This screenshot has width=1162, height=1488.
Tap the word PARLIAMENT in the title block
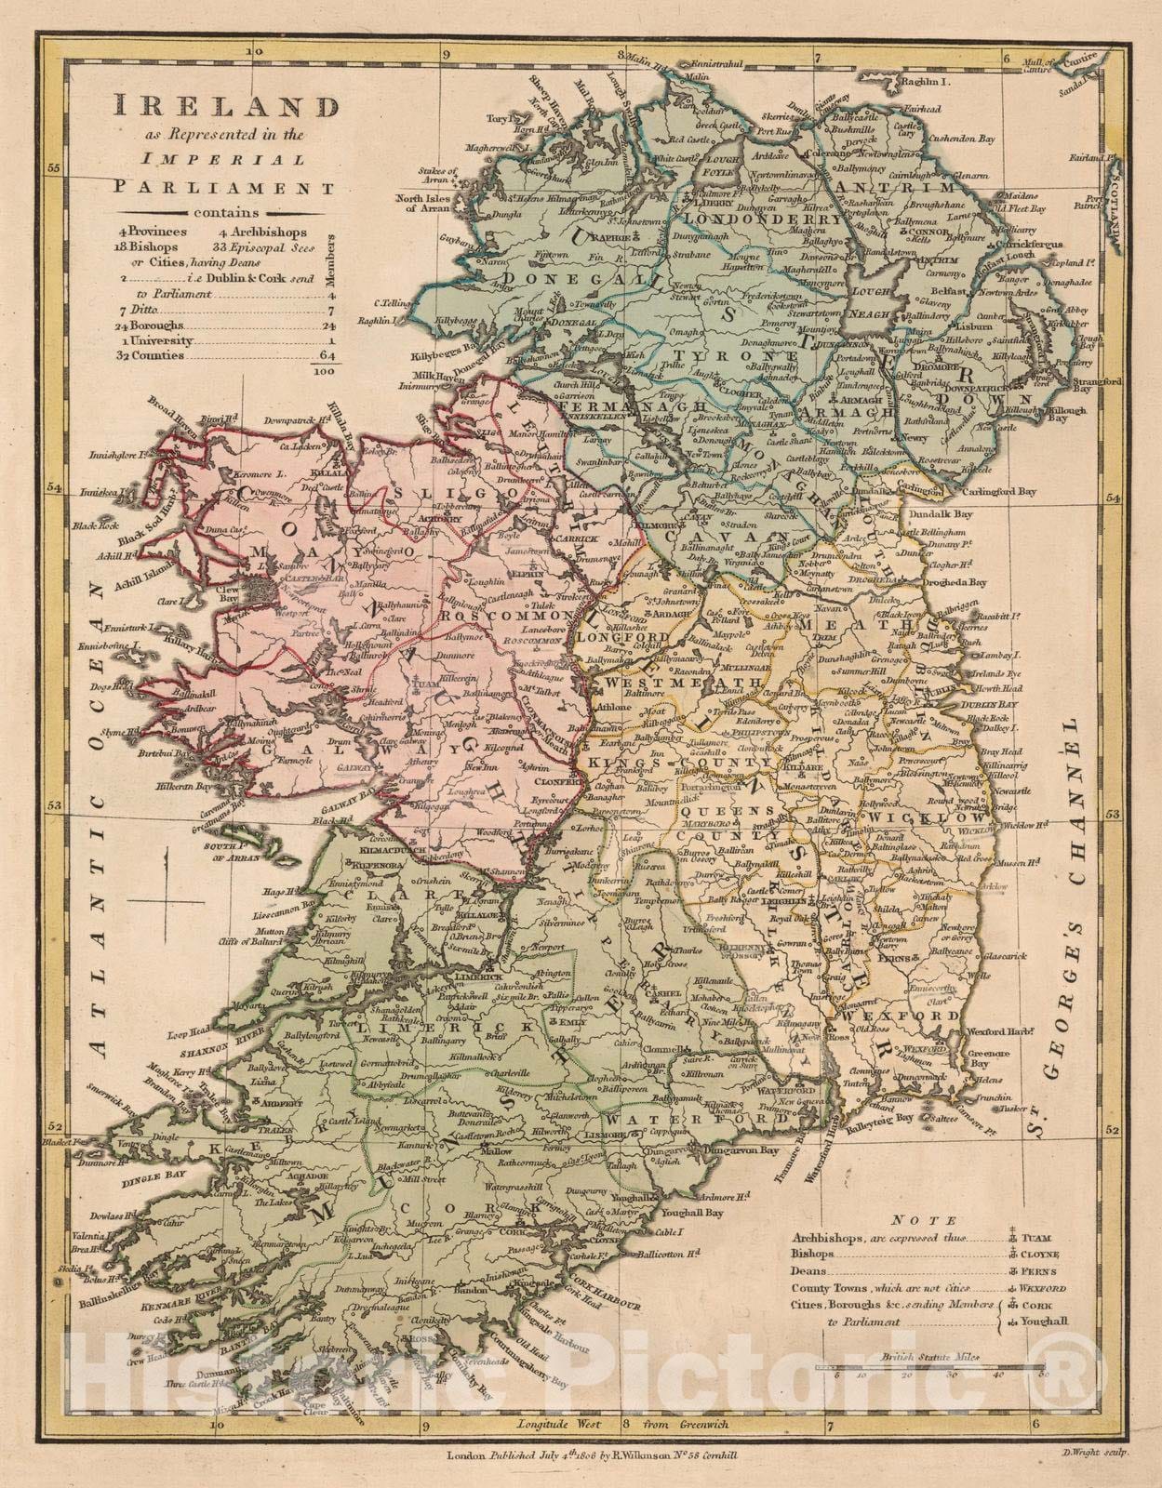click(x=225, y=187)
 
